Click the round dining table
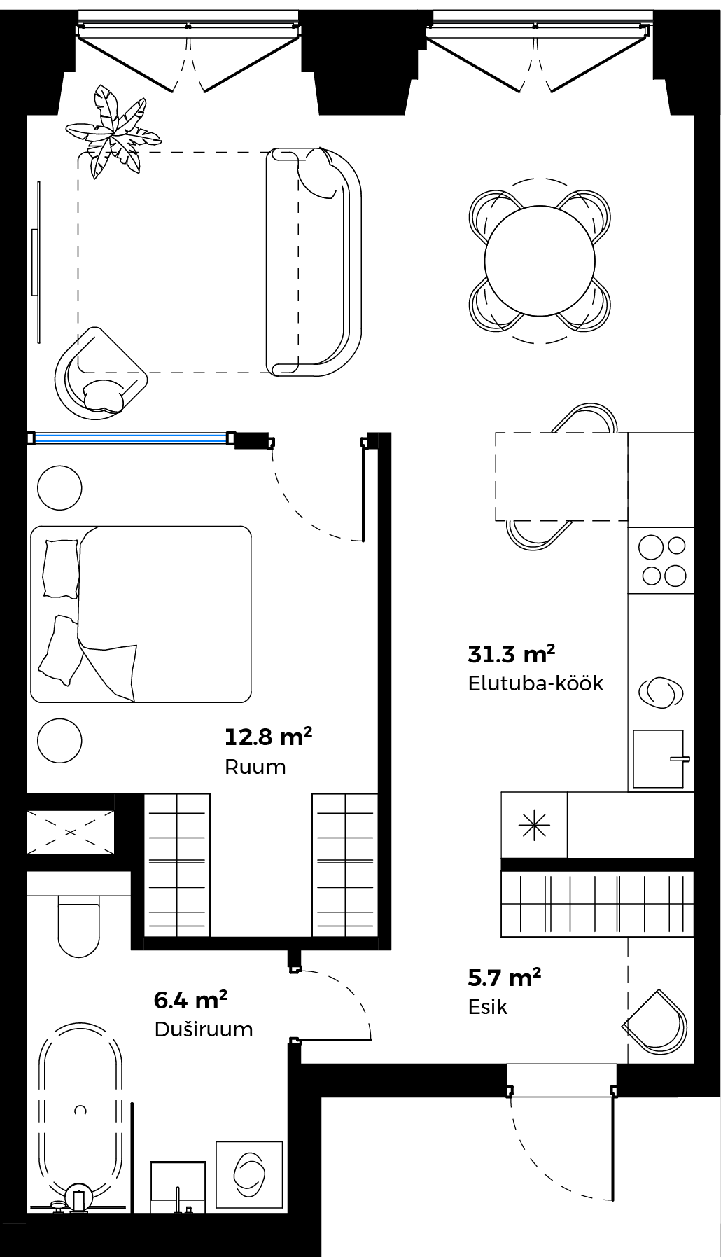540,261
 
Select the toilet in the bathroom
78,925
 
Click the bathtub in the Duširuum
80,1113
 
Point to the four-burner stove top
661,560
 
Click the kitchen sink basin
658,758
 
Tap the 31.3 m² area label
512,654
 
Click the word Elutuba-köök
535,683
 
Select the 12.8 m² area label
268,737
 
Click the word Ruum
255,767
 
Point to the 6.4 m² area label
190,1000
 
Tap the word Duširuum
204,1029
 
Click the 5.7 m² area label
505,978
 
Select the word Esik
487,1007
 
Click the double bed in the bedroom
141,614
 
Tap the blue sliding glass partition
132,438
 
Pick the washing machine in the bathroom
249,1174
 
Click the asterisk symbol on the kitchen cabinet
534,825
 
